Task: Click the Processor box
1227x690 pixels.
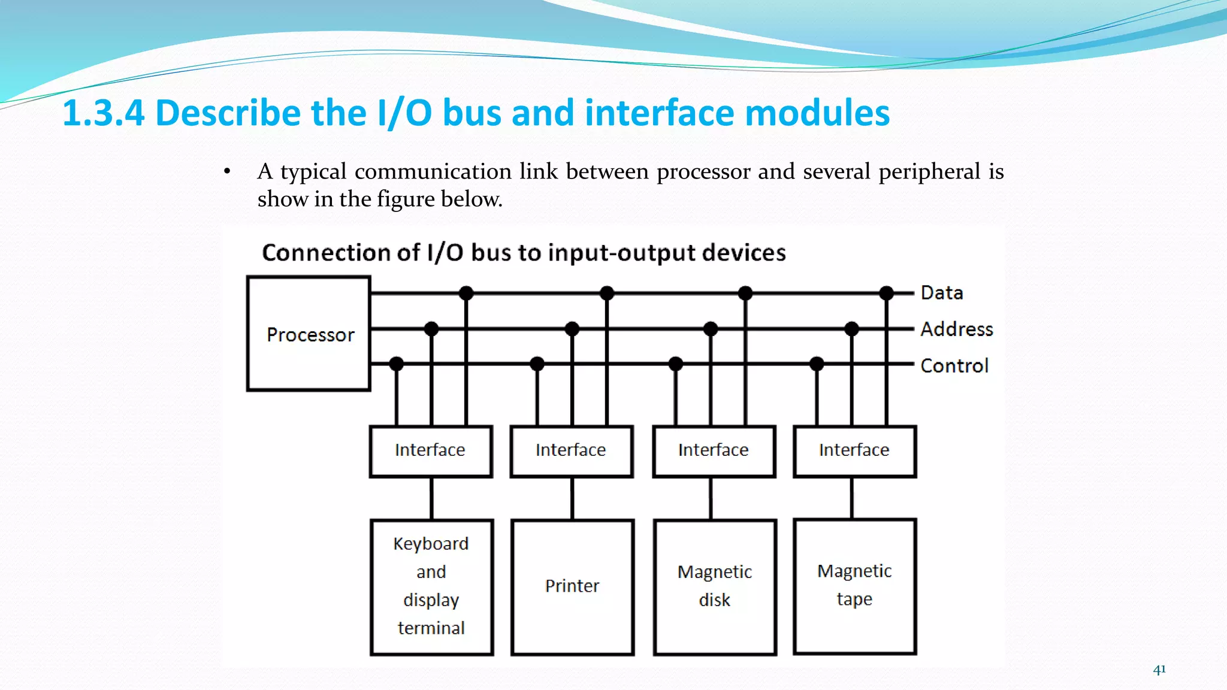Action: click(309, 334)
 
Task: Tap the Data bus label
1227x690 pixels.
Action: click(942, 293)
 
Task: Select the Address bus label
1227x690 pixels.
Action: click(956, 329)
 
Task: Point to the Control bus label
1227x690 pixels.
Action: click(954, 365)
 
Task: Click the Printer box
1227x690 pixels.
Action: click(572, 586)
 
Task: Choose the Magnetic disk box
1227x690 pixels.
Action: click(714, 586)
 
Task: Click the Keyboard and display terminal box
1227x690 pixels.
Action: click(431, 586)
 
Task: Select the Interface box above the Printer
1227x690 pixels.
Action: click(571, 450)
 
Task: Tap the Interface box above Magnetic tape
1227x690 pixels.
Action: click(854, 450)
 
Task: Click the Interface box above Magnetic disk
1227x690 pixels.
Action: click(713, 450)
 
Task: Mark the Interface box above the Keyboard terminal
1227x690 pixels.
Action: click(430, 450)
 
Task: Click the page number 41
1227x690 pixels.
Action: click(1159, 670)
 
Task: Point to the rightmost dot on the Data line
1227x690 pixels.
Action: click(887, 293)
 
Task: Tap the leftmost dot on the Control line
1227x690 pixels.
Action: click(396, 364)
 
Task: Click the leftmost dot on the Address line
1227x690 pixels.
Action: click(431, 329)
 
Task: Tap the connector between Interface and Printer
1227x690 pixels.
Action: click(572, 498)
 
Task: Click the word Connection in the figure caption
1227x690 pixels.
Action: click(340, 253)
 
